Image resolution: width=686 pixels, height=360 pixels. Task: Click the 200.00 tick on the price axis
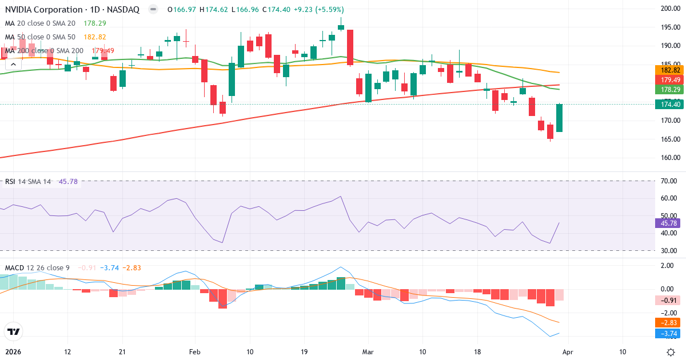click(x=669, y=8)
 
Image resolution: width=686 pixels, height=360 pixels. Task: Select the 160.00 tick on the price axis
click(x=669, y=158)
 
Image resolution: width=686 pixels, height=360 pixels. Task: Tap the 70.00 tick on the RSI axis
click(x=669, y=181)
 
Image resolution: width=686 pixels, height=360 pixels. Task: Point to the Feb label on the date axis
click(x=196, y=351)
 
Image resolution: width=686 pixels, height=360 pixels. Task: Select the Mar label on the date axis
click(x=369, y=351)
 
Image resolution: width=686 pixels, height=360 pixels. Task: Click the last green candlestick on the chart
click(x=559, y=118)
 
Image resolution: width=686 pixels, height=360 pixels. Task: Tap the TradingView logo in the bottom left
click(x=13, y=331)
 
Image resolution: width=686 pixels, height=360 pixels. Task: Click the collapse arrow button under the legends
click(x=11, y=65)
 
